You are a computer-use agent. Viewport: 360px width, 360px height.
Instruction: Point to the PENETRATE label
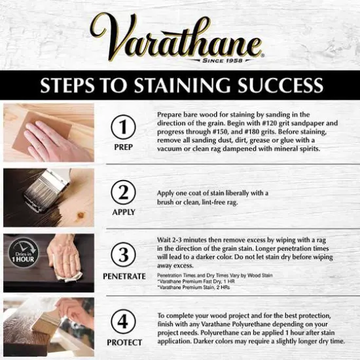(124, 276)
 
